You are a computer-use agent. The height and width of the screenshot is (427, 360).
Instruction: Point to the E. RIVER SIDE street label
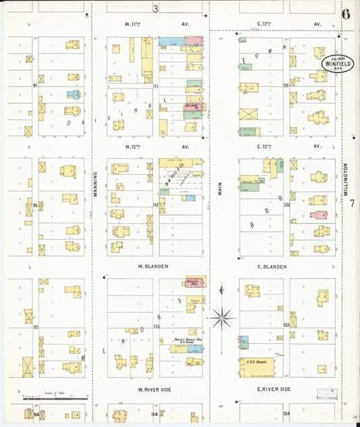274,389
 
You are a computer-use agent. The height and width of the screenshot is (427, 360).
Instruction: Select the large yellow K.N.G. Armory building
257,367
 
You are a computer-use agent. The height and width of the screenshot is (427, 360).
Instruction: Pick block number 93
35,327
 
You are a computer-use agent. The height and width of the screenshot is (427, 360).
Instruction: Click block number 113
156,327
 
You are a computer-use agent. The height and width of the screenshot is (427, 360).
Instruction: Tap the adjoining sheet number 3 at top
155,9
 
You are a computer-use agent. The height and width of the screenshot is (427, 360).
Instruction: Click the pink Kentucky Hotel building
196,280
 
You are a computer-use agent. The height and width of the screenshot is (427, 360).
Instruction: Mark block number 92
35,205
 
